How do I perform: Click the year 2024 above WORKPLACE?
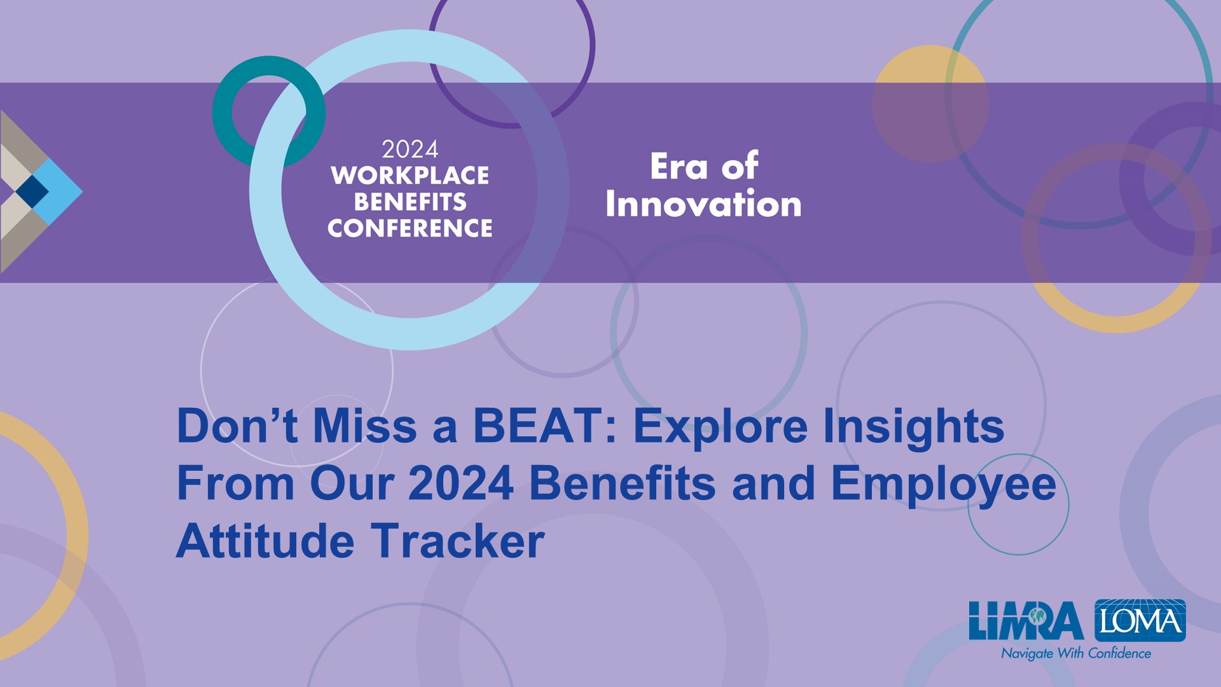[x=410, y=149]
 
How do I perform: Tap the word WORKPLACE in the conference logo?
[x=410, y=176]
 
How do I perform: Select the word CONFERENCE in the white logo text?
[x=410, y=228]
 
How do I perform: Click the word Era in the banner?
[x=679, y=167]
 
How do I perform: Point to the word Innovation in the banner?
[x=703, y=204]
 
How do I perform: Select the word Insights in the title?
[x=914, y=427]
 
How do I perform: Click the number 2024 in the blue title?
[x=461, y=483]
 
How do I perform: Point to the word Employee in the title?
[x=944, y=485]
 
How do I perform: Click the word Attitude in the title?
[x=265, y=541]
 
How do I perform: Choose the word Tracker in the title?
[x=458, y=541]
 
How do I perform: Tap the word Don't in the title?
[x=237, y=426]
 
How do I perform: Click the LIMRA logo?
[x=1026, y=620]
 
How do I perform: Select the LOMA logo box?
[x=1140, y=620]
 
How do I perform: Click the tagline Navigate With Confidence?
[x=1076, y=653]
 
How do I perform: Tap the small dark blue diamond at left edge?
[x=32, y=191]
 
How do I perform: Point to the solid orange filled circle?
[x=930, y=104]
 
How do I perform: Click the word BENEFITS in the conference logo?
[x=410, y=202]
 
